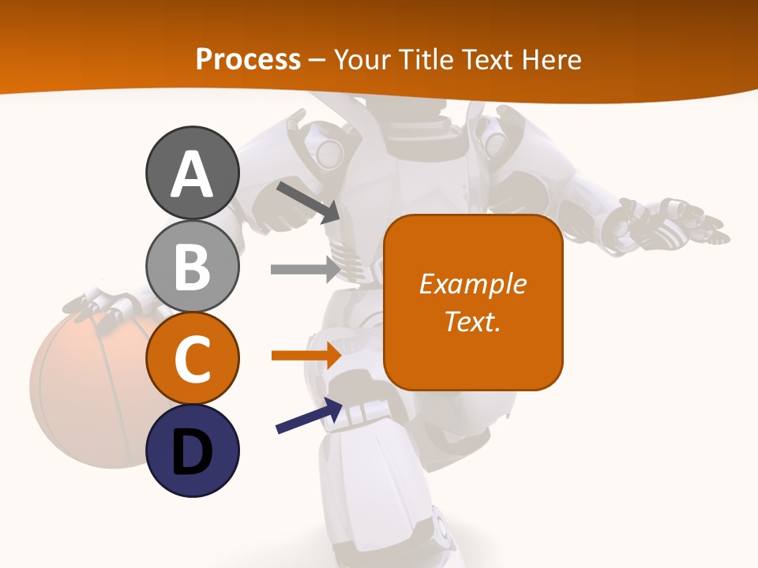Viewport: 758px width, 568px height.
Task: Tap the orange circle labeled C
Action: point(192,358)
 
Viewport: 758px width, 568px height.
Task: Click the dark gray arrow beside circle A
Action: point(307,201)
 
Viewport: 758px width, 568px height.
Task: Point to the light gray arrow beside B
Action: point(305,269)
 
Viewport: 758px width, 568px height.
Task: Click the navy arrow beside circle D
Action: point(309,416)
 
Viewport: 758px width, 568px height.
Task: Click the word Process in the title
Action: point(248,59)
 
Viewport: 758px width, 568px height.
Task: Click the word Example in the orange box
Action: point(472,284)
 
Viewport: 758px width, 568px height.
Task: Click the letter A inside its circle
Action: point(192,175)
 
